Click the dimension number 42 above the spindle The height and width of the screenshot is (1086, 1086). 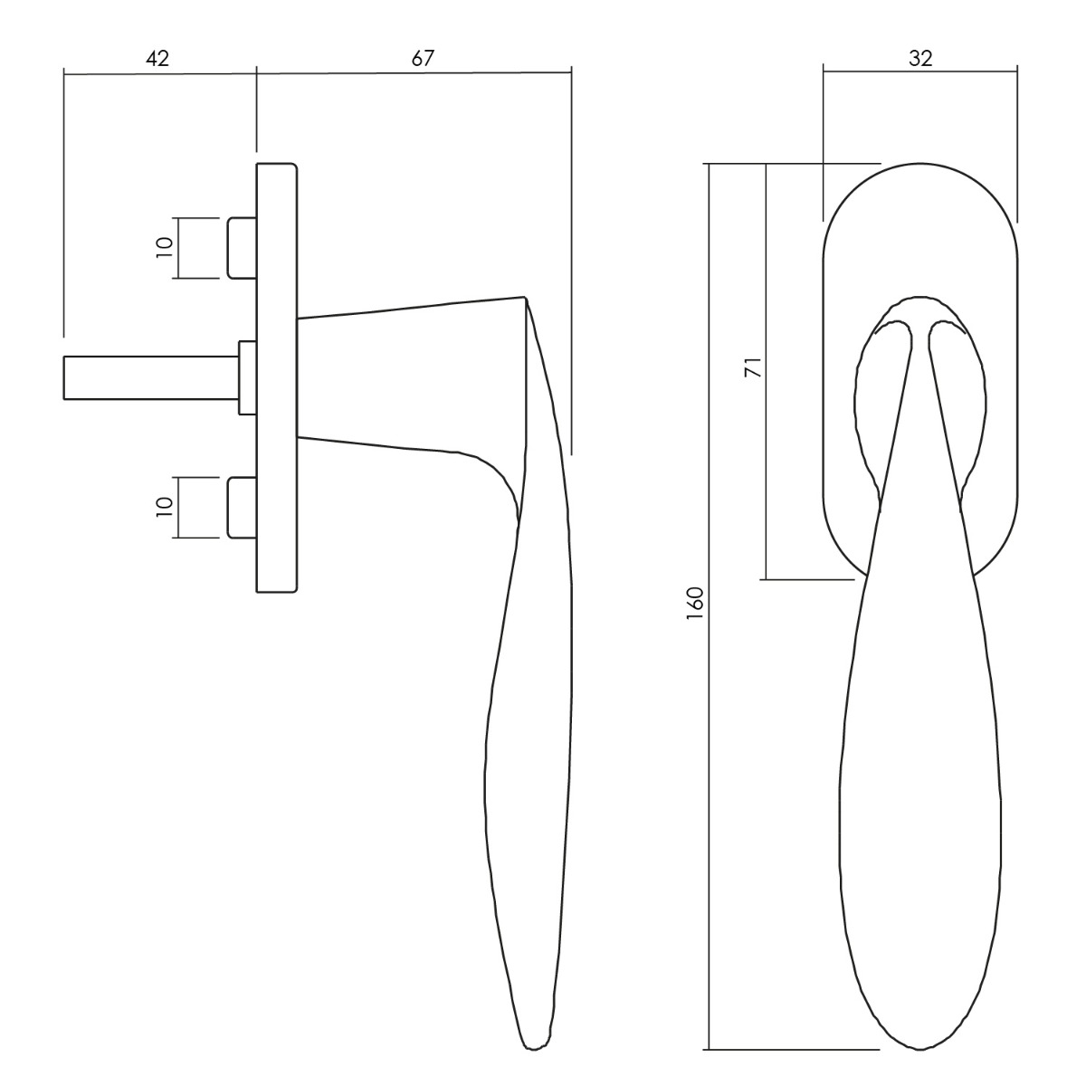(157, 59)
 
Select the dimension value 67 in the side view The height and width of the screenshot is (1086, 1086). (423, 58)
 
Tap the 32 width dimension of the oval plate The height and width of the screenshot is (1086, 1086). (920, 58)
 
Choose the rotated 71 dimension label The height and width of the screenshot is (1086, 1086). (753, 367)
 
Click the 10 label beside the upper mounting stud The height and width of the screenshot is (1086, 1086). (164, 248)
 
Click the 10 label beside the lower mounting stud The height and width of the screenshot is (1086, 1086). (164, 507)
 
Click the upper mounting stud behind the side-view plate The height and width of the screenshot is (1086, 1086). (242, 248)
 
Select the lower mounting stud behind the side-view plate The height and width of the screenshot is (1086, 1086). (242, 507)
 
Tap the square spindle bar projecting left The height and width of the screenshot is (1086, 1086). (151, 378)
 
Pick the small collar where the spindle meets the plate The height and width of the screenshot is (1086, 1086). (248, 377)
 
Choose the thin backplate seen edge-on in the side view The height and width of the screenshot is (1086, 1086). (277, 377)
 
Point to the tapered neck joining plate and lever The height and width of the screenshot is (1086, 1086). (412, 378)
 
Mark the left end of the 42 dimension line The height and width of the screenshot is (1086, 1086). (63, 73)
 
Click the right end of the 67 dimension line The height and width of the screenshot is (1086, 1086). (571, 72)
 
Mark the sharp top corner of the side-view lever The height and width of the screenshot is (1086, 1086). (525, 297)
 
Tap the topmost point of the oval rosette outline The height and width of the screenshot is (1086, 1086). (920, 164)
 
